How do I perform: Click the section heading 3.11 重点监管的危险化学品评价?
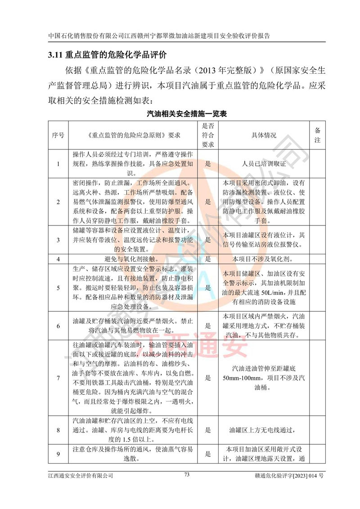click(x=107, y=55)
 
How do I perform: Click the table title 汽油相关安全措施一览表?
click(x=187, y=114)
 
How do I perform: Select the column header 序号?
click(x=58, y=135)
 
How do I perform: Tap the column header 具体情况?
click(x=264, y=135)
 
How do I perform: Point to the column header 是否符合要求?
click(x=208, y=135)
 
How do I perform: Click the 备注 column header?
click(x=317, y=135)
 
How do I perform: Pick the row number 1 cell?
click(x=58, y=164)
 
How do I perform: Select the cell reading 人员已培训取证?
click(x=264, y=164)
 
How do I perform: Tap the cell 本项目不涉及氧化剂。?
click(x=264, y=260)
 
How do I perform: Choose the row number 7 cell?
click(x=58, y=378)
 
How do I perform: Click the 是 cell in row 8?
click(x=208, y=430)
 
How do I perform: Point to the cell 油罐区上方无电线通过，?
click(x=264, y=430)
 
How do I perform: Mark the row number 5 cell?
click(x=58, y=288)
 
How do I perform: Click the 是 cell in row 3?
click(x=208, y=240)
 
